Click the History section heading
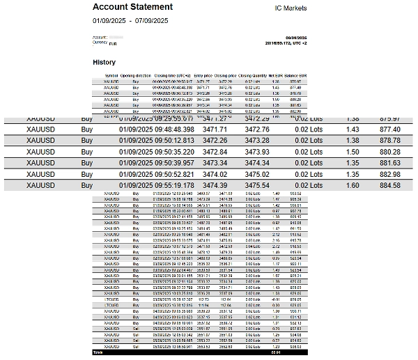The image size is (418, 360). point(104,62)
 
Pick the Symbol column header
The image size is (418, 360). point(111,75)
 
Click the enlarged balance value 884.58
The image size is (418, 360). point(389,185)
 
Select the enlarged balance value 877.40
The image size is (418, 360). point(389,130)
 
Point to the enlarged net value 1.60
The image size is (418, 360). point(353,185)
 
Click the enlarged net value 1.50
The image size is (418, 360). point(353,152)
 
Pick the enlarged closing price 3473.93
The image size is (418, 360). point(257,152)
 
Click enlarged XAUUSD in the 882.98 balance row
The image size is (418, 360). point(40,174)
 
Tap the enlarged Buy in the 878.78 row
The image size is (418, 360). point(87,141)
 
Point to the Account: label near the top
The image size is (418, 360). point(99,37)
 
